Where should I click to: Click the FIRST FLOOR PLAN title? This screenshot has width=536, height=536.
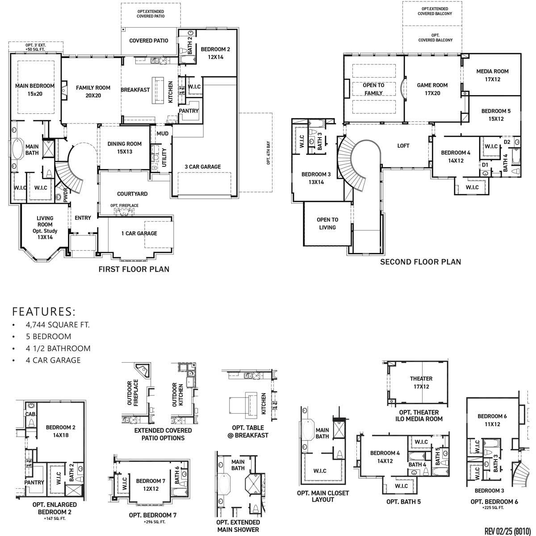click(134, 269)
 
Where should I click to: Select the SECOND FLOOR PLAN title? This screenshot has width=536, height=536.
click(420, 262)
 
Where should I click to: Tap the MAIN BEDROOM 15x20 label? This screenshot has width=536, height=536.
click(35, 90)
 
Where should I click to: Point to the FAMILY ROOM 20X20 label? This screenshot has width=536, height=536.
click(93, 92)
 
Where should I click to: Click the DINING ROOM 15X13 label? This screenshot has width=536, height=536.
click(125, 148)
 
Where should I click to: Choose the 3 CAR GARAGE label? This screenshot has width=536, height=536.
click(203, 167)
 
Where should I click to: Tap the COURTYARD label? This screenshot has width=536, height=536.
click(132, 194)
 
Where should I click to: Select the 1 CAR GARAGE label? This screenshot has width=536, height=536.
click(139, 233)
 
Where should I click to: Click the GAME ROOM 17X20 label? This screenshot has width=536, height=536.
click(432, 89)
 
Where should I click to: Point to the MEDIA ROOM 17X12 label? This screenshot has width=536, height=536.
click(492, 75)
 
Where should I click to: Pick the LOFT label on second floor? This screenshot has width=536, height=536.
click(403, 146)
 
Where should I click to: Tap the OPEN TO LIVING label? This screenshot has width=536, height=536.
click(327, 223)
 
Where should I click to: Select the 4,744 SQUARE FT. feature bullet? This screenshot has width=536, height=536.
click(58, 325)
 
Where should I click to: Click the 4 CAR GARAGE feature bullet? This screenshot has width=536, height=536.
click(53, 360)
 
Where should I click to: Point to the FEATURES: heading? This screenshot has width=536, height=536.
click(44, 311)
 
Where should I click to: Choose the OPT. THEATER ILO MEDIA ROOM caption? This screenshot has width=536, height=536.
click(419, 415)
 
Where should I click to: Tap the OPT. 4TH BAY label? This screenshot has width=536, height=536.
click(268, 153)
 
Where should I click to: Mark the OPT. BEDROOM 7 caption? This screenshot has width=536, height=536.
click(153, 515)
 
